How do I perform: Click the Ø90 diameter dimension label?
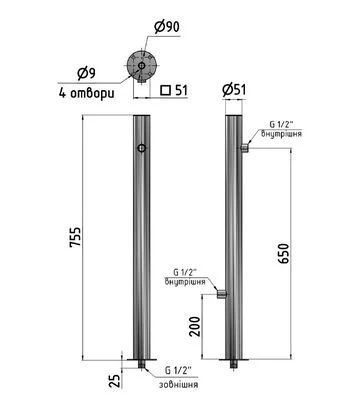tap(167, 26)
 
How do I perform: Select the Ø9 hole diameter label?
tap(86, 73)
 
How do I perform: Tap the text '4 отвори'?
tap(87, 93)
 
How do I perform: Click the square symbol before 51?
tap(166, 90)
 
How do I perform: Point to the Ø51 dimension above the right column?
tap(234, 90)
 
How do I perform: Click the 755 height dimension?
tap(75, 237)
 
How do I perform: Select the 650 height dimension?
tap(284, 253)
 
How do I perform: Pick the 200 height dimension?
tap(195, 326)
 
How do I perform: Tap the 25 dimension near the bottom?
tap(114, 381)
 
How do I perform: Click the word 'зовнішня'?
tap(178, 384)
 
